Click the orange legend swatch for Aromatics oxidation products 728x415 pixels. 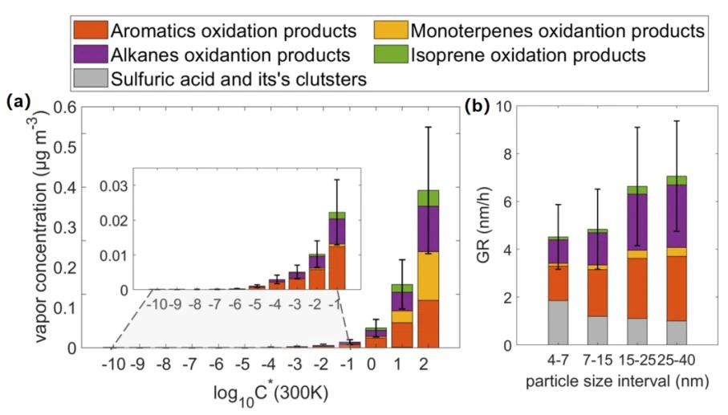pos(89,31)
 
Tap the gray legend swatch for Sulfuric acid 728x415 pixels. pos(89,78)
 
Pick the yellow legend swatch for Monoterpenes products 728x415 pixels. pos(390,31)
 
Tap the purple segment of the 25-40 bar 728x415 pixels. pos(677,216)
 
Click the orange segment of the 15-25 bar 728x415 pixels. pos(637,288)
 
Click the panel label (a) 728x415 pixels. pos(18,102)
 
